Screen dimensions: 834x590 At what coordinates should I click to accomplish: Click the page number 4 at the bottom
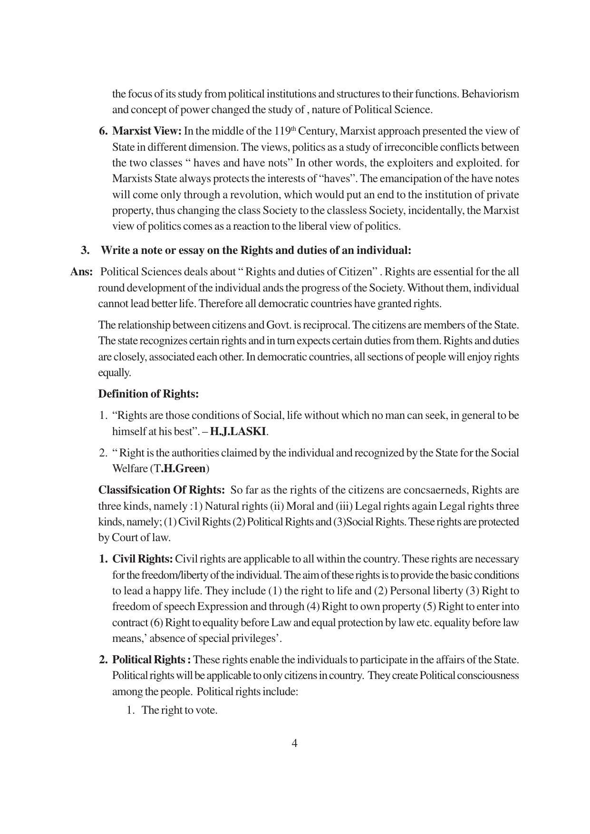(294, 743)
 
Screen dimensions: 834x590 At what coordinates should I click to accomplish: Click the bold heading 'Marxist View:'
(146, 131)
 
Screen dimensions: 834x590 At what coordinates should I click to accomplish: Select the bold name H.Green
(183, 468)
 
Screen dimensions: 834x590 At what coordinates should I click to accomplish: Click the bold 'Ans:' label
(81, 272)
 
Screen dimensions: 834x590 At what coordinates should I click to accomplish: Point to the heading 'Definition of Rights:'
(148, 394)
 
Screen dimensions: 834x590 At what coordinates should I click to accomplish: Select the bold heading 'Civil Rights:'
(143, 559)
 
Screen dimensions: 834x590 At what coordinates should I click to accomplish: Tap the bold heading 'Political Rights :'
(151, 659)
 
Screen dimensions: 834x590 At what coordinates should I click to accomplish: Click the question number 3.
(86, 250)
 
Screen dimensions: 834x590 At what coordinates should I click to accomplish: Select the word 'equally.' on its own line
(114, 373)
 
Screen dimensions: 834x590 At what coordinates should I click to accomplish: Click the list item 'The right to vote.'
(179, 710)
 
